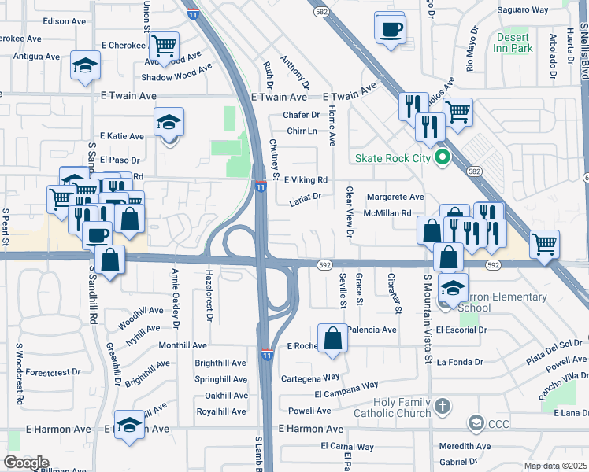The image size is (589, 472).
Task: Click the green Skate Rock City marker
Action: click(442, 157)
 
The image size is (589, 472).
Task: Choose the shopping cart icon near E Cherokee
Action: click(164, 45)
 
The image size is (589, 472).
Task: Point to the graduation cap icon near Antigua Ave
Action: click(85, 67)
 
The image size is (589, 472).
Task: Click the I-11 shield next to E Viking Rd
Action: click(261, 185)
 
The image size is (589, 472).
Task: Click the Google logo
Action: click(26, 463)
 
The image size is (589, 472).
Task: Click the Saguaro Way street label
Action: click(524, 10)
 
